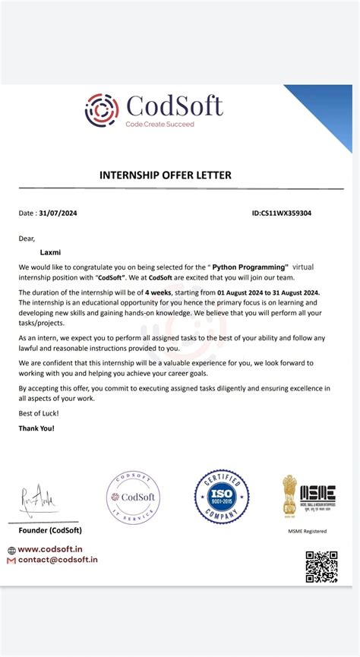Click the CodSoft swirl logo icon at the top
(x=102, y=109)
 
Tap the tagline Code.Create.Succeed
(x=159, y=124)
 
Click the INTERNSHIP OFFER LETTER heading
(x=166, y=175)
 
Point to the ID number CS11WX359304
(x=281, y=213)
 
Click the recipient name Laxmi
(x=51, y=252)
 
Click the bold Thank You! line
(x=36, y=428)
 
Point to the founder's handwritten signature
(x=34, y=500)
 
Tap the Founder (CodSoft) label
(x=50, y=530)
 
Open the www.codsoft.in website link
(x=50, y=549)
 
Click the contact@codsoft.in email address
(x=57, y=560)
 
